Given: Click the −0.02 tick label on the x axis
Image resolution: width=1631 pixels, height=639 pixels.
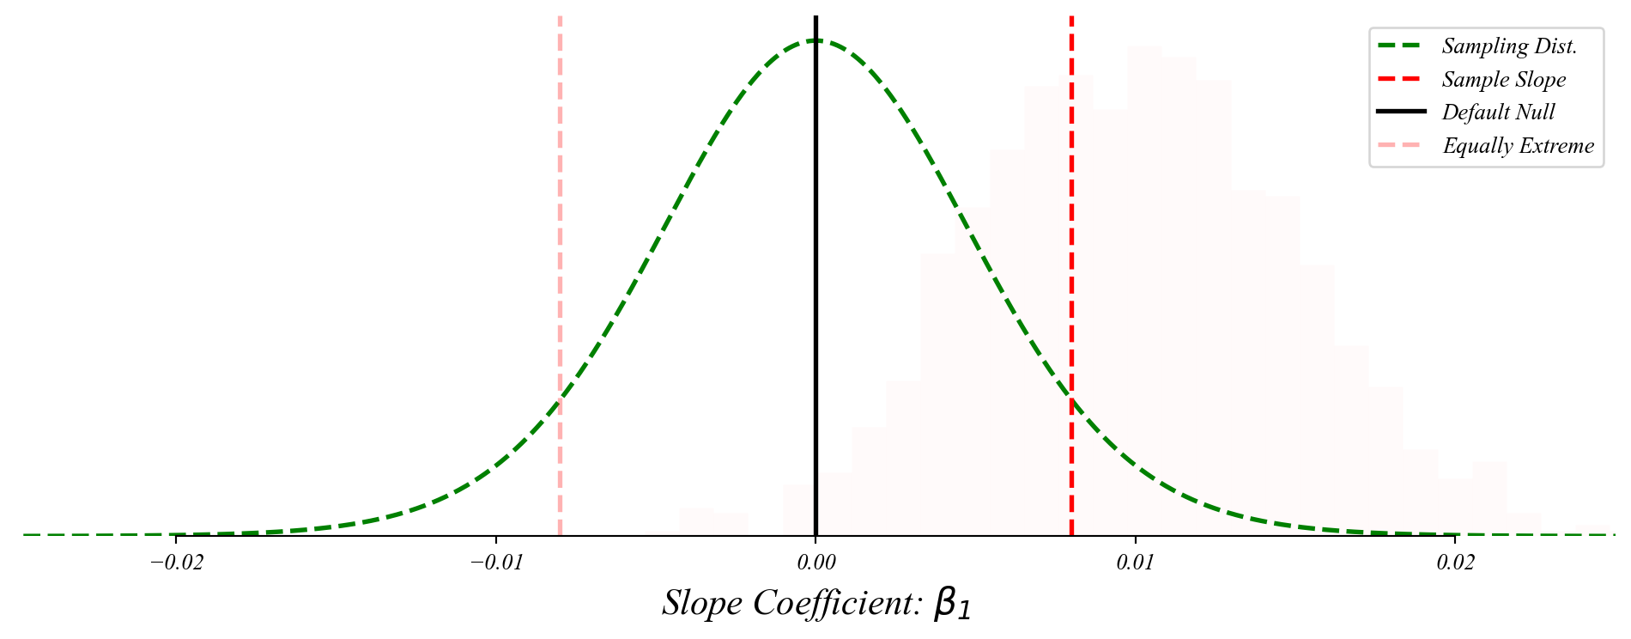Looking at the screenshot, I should click(176, 563).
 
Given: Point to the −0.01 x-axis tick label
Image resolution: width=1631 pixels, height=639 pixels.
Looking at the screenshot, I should click(495, 563).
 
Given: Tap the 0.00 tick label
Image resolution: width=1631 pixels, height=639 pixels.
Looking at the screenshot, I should click(815, 563).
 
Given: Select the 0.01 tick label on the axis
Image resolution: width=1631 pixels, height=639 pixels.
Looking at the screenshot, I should click(1136, 563).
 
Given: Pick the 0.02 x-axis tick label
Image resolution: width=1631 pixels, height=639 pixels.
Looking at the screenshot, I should click(1455, 563).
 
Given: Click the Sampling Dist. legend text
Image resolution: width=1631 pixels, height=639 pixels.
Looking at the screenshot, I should click(1509, 46).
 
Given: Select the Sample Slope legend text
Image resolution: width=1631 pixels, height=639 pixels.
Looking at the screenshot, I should click(1504, 80).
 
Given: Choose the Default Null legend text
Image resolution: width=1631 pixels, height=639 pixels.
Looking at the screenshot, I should click(1498, 113).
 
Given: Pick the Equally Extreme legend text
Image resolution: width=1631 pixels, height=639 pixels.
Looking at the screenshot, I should click(1518, 146).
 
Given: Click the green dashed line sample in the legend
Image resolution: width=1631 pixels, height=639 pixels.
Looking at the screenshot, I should click(1402, 46).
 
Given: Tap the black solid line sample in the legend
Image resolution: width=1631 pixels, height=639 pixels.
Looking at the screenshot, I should click(1402, 113).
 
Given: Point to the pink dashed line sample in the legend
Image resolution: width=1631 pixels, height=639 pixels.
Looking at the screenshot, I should click(1402, 146).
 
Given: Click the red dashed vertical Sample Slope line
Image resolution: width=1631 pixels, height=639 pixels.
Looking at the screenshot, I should click(1071, 258).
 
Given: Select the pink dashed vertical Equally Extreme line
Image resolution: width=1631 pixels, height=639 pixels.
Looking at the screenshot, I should click(560, 258).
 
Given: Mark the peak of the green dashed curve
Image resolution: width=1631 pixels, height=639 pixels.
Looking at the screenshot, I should click(815, 40).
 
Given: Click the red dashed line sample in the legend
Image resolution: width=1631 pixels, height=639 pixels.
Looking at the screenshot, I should click(1402, 80).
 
